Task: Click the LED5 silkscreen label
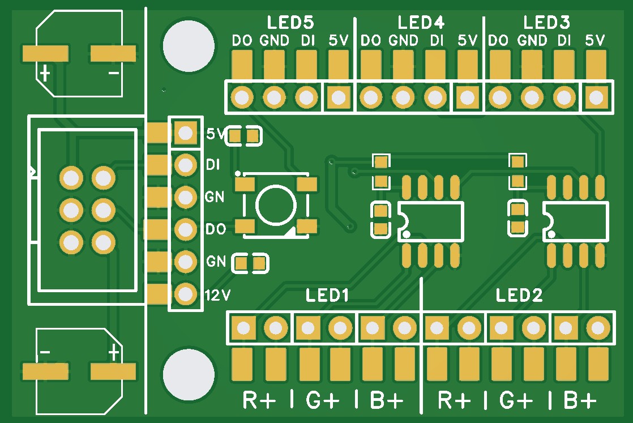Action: [290, 23]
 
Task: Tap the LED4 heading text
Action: [421, 23]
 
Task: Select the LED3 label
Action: [546, 23]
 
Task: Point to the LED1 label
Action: [327, 296]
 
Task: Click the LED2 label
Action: [519, 296]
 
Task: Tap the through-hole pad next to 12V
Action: [185, 294]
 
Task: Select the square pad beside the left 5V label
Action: [185, 134]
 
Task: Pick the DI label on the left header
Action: [213, 165]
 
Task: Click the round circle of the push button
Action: [276, 205]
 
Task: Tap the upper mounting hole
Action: [188, 45]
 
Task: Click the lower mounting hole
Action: [188, 374]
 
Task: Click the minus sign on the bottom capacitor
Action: [44, 353]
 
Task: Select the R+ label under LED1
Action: [259, 400]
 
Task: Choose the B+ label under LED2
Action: [580, 400]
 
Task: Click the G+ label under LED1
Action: [323, 400]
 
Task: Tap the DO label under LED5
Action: [242, 41]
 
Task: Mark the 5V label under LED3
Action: [595, 41]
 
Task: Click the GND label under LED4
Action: [404, 41]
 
